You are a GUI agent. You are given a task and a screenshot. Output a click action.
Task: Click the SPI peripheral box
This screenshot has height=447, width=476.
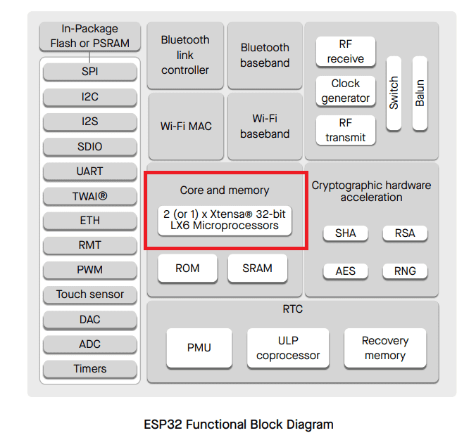(x=90, y=72)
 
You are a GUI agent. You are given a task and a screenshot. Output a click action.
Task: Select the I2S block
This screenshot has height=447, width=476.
(x=90, y=122)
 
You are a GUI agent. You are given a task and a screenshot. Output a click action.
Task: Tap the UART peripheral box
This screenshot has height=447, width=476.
(x=90, y=171)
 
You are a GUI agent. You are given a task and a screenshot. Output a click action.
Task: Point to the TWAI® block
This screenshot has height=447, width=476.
(x=90, y=196)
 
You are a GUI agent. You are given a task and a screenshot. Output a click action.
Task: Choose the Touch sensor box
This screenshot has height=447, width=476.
(x=90, y=294)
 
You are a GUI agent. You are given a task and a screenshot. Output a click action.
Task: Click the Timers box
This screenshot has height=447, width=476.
(x=90, y=369)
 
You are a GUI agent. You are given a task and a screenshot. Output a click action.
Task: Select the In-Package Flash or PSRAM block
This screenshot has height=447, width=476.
(x=90, y=36)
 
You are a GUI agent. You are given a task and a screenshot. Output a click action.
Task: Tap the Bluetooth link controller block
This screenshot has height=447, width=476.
(x=185, y=55)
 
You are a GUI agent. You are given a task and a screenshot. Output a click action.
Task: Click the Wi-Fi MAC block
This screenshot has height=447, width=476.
(x=186, y=126)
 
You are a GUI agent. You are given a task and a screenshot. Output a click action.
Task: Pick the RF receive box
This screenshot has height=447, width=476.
(x=346, y=51)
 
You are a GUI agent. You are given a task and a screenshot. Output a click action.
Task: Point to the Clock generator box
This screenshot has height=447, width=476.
(x=346, y=91)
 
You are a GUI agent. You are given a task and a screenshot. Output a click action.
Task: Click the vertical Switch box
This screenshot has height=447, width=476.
(x=394, y=93)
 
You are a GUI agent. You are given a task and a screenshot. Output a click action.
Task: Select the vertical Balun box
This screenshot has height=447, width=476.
(x=420, y=93)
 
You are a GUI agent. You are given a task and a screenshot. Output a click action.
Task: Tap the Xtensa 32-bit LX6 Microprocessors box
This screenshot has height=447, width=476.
(x=225, y=220)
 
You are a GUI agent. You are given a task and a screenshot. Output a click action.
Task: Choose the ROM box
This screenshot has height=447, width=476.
(x=187, y=268)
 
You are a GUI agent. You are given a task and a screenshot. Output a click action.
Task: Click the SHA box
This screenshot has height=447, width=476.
(x=346, y=233)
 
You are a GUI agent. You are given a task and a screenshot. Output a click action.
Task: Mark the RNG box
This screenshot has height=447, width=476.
(x=405, y=271)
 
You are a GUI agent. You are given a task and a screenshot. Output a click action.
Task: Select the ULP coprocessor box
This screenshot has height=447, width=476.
(x=288, y=348)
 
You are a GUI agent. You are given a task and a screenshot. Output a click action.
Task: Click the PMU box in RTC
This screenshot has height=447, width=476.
(x=199, y=348)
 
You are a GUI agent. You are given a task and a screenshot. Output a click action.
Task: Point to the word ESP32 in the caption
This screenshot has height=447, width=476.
(x=163, y=425)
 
